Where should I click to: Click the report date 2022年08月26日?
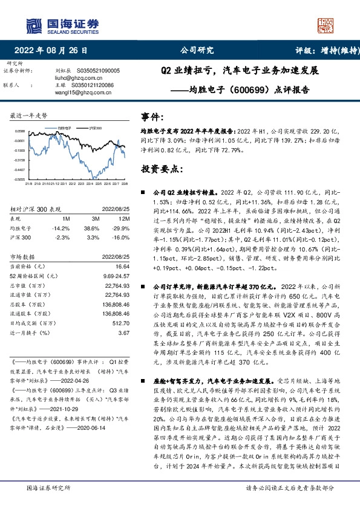pos(55,51)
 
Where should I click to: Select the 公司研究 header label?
pos(197,51)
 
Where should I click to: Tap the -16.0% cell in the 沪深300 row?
pos(120,238)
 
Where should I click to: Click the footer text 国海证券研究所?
pos(45,488)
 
